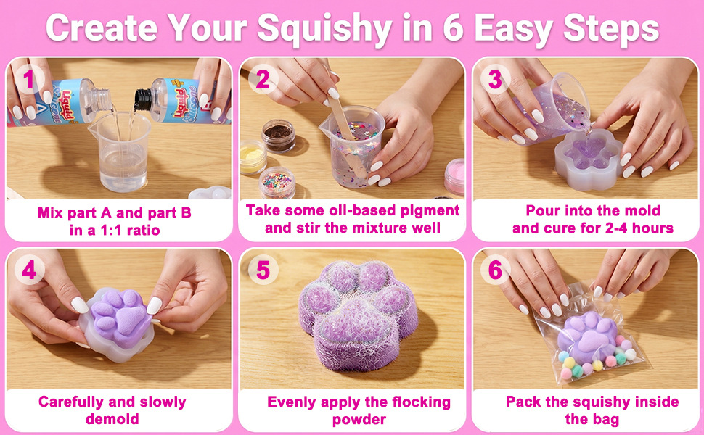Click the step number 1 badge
pyautogui.click(x=29, y=80)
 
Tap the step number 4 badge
pyautogui.click(x=29, y=270)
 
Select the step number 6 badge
pyautogui.click(x=495, y=270)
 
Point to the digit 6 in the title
pyautogui.click(x=453, y=28)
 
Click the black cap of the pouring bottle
pyautogui.click(x=143, y=99)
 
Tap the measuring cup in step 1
pyautogui.click(x=120, y=151)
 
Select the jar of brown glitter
pyautogui.click(x=279, y=136)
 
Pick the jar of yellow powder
pyautogui.click(x=253, y=157)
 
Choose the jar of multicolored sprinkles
pyautogui.click(x=277, y=183)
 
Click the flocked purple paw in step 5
pyautogui.click(x=359, y=314)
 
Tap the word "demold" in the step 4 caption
pyautogui.click(x=112, y=419)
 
